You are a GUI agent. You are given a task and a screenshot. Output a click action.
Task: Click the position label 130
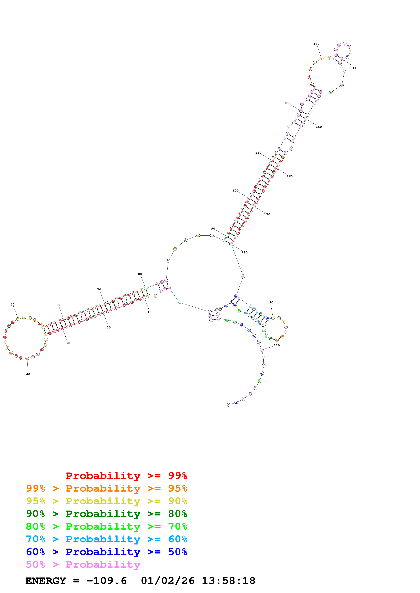point(316,44)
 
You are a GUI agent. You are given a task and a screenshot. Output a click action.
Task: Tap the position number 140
point(355,68)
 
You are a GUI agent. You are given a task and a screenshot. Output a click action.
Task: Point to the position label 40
point(28,374)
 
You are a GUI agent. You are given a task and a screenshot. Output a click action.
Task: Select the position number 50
point(12,304)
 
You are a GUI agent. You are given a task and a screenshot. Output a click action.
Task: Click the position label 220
point(277,345)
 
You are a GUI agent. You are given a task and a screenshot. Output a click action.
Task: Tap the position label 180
point(244,252)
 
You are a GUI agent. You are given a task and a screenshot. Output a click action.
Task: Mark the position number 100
point(235,191)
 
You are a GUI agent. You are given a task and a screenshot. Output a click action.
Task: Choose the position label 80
point(140,274)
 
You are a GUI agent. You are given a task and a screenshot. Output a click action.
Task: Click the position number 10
point(150,312)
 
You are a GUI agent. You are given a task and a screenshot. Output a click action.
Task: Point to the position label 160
point(290,176)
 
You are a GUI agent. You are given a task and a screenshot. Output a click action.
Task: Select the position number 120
point(287,103)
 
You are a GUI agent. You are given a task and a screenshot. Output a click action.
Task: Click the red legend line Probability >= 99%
point(126,476)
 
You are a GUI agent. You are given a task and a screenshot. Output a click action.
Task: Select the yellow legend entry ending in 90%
point(106,501)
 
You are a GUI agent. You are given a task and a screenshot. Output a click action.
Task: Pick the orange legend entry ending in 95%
point(106,488)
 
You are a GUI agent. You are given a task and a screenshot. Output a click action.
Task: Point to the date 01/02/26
point(168,581)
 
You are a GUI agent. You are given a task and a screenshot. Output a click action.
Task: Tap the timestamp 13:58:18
point(229,581)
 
